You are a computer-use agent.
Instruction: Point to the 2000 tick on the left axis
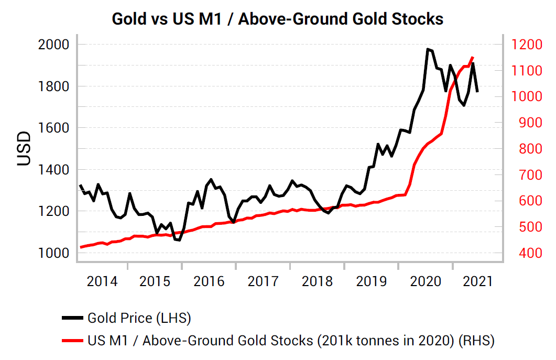(54, 45)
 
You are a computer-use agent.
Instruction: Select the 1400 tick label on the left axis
(54, 170)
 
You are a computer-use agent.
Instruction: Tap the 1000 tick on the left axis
(54, 253)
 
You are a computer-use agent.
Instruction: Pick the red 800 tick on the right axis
(521, 149)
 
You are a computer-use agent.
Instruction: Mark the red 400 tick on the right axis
(521, 253)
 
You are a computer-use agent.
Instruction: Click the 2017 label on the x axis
(263, 281)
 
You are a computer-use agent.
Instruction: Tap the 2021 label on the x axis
(477, 281)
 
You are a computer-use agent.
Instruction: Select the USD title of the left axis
(24, 149)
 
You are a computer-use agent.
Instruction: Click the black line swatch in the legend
(72, 318)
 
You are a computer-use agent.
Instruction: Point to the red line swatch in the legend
(72, 341)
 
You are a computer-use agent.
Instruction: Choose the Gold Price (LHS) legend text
(139, 318)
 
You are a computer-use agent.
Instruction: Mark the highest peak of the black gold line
(428, 49)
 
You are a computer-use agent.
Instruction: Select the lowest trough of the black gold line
(178, 240)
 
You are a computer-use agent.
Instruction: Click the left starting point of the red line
(81, 247)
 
